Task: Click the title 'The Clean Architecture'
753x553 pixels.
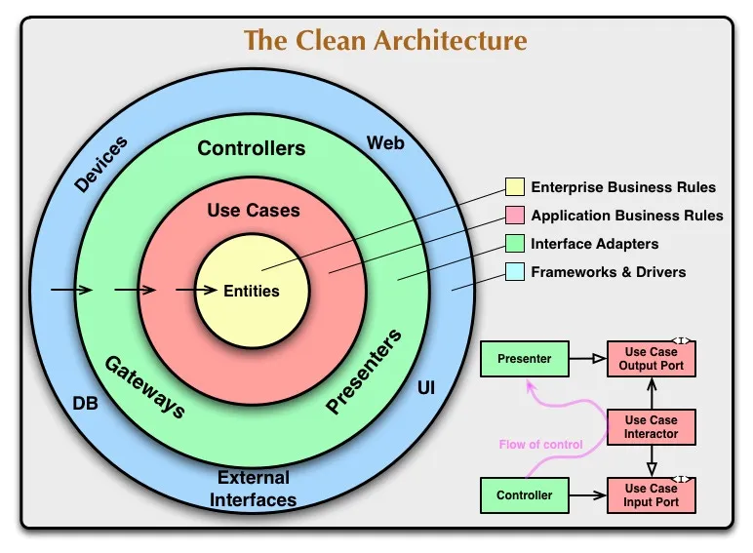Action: point(385,41)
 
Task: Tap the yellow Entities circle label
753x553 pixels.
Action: point(252,291)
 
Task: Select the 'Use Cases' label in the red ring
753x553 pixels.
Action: point(254,210)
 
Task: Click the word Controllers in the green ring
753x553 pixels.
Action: point(252,148)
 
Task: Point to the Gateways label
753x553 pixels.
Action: point(144,386)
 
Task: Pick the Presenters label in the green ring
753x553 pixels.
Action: point(364,373)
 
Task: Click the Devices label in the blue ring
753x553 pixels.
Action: point(100,165)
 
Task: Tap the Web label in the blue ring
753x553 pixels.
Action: point(385,143)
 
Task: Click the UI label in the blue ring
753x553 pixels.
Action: point(426,388)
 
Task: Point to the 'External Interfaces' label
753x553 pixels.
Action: point(254,489)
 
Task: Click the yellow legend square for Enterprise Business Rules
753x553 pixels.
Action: point(514,187)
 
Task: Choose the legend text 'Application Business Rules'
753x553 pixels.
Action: point(626,216)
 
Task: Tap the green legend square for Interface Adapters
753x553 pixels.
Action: point(514,244)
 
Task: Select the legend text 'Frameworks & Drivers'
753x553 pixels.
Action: point(608,272)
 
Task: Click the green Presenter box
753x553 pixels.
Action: point(524,359)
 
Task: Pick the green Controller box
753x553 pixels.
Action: point(524,495)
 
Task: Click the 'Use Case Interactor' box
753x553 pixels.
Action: point(651,427)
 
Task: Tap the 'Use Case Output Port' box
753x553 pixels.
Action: point(651,359)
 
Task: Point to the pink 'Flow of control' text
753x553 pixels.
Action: point(540,445)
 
